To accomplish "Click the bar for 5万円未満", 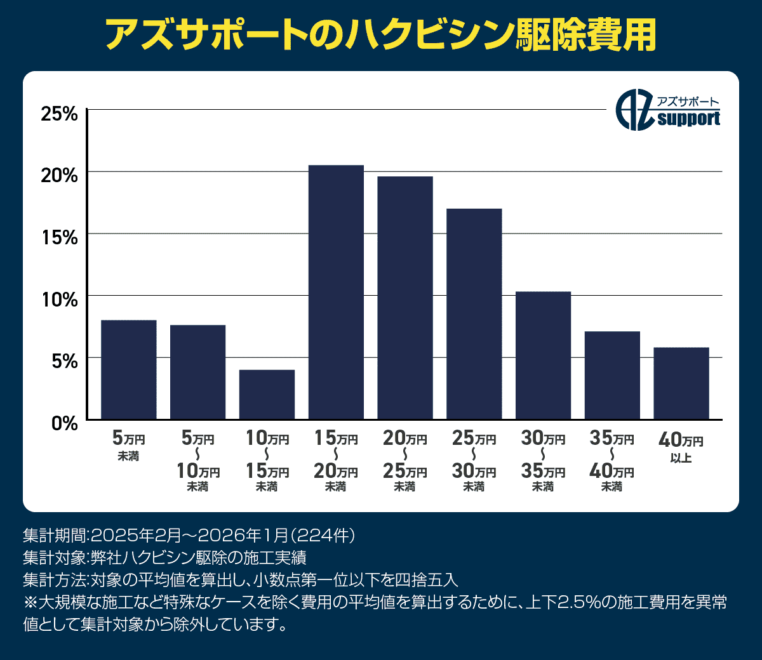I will coord(129,369).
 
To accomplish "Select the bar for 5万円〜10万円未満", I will coord(197,372).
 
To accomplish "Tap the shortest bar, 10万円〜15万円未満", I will coord(267,394).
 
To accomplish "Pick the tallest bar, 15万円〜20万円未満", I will coord(336,292).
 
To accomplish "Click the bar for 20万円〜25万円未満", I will coord(405,298).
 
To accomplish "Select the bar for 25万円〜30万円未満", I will coord(474,313).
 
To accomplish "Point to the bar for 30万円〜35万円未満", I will coord(543,355).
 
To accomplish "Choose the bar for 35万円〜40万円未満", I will coord(612,375).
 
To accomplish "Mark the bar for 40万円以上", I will coord(681,383).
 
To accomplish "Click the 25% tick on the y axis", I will coord(59,114).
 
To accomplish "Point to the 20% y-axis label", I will coord(59,175).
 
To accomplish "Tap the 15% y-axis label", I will coord(59,237).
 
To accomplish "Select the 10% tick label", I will coord(59,299).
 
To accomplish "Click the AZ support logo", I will coord(669,112).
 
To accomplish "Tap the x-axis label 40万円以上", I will coord(681,447).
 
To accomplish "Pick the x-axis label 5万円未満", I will coord(129,446).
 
